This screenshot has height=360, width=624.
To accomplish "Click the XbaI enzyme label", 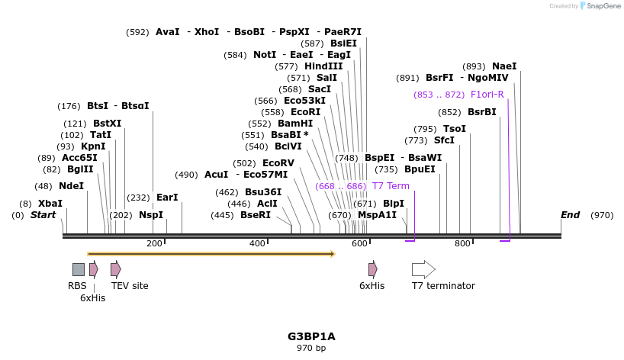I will [50, 204].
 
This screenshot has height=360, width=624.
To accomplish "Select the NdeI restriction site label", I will [71, 186].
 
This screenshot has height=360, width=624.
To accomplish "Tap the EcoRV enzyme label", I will [278, 163].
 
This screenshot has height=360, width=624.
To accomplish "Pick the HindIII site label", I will [323, 66].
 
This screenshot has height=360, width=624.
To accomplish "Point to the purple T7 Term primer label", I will [391, 186].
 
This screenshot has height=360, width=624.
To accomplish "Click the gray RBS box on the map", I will [79, 269].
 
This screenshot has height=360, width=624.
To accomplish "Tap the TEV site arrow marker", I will [116, 269].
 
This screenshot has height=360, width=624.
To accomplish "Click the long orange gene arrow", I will [211, 253].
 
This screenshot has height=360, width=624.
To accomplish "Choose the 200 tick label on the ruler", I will [154, 243].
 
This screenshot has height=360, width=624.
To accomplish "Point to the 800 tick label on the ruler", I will [462, 243].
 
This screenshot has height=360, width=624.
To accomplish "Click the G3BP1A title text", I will [311, 336].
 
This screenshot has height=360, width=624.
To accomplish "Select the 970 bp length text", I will [311, 349].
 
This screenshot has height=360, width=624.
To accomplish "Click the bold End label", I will [570, 215].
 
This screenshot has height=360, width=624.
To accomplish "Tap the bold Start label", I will [43, 215].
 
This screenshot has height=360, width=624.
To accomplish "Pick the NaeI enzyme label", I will [504, 66].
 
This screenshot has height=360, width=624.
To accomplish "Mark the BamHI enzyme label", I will [295, 124].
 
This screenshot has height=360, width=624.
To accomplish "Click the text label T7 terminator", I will [443, 286].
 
